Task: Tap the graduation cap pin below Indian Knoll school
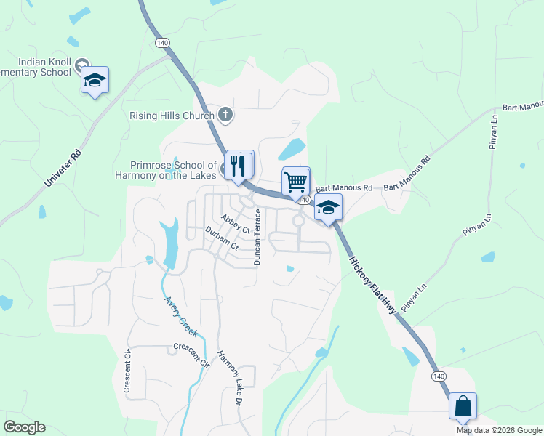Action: (95, 80)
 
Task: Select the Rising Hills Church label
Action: (172, 116)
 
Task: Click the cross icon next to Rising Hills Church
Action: (225, 115)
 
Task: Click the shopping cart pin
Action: (295, 182)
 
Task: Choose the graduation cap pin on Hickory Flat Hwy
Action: (328, 208)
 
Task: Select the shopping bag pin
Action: (463, 406)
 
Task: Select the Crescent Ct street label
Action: (127, 372)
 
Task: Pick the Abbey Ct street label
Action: (236, 222)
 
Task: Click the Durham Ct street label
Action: (222, 241)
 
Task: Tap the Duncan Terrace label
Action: (256, 236)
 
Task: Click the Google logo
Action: (25, 427)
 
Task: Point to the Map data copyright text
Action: (499, 430)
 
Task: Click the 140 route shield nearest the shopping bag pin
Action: (438, 376)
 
